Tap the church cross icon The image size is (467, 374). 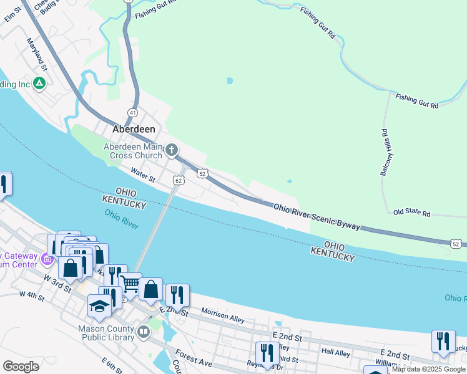pyautogui.click(x=172, y=150)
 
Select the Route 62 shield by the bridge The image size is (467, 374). pyautogui.click(x=179, y=181)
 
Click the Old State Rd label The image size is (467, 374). pyautogui.click(x=412, y=213)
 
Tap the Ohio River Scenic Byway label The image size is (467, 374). pyautogui.click(x=317, y=216)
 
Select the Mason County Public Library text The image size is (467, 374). pyautogui.click(x=106, y=333)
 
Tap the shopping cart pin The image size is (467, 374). pyautogui.click(x=130, y=285)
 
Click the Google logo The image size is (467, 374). pyautogui.click(x=21, y=366)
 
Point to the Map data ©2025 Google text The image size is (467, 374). pyautogui.click(x=428, y=369)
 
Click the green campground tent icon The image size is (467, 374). pyautogui.click(x=39, y=82)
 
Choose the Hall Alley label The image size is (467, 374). pyautogui.click(x=336, y=352)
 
